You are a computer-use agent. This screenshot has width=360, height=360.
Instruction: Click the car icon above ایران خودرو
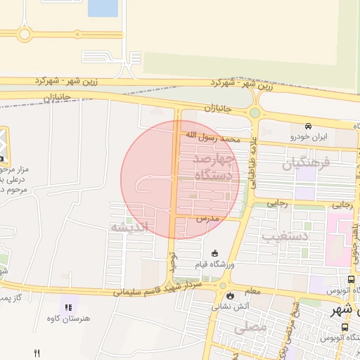tap(309, 127)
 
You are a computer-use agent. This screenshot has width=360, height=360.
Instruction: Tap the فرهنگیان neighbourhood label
tap(306, 165)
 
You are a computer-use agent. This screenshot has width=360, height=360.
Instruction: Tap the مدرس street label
tap(207, 219)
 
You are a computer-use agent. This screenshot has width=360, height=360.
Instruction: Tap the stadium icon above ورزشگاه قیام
tap(214, 254)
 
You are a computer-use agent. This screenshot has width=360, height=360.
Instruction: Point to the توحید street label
tap(170, 262)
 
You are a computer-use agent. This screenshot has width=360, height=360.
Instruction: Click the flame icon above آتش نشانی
tap(224, 296)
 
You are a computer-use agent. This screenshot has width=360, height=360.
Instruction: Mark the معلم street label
tap(252, 291)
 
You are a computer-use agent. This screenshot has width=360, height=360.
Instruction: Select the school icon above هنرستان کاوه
tap(67, 307)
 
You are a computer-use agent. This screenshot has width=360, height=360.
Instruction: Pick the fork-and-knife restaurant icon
tap(37, 353)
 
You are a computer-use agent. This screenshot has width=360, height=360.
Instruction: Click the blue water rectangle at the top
tap(103, 8)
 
